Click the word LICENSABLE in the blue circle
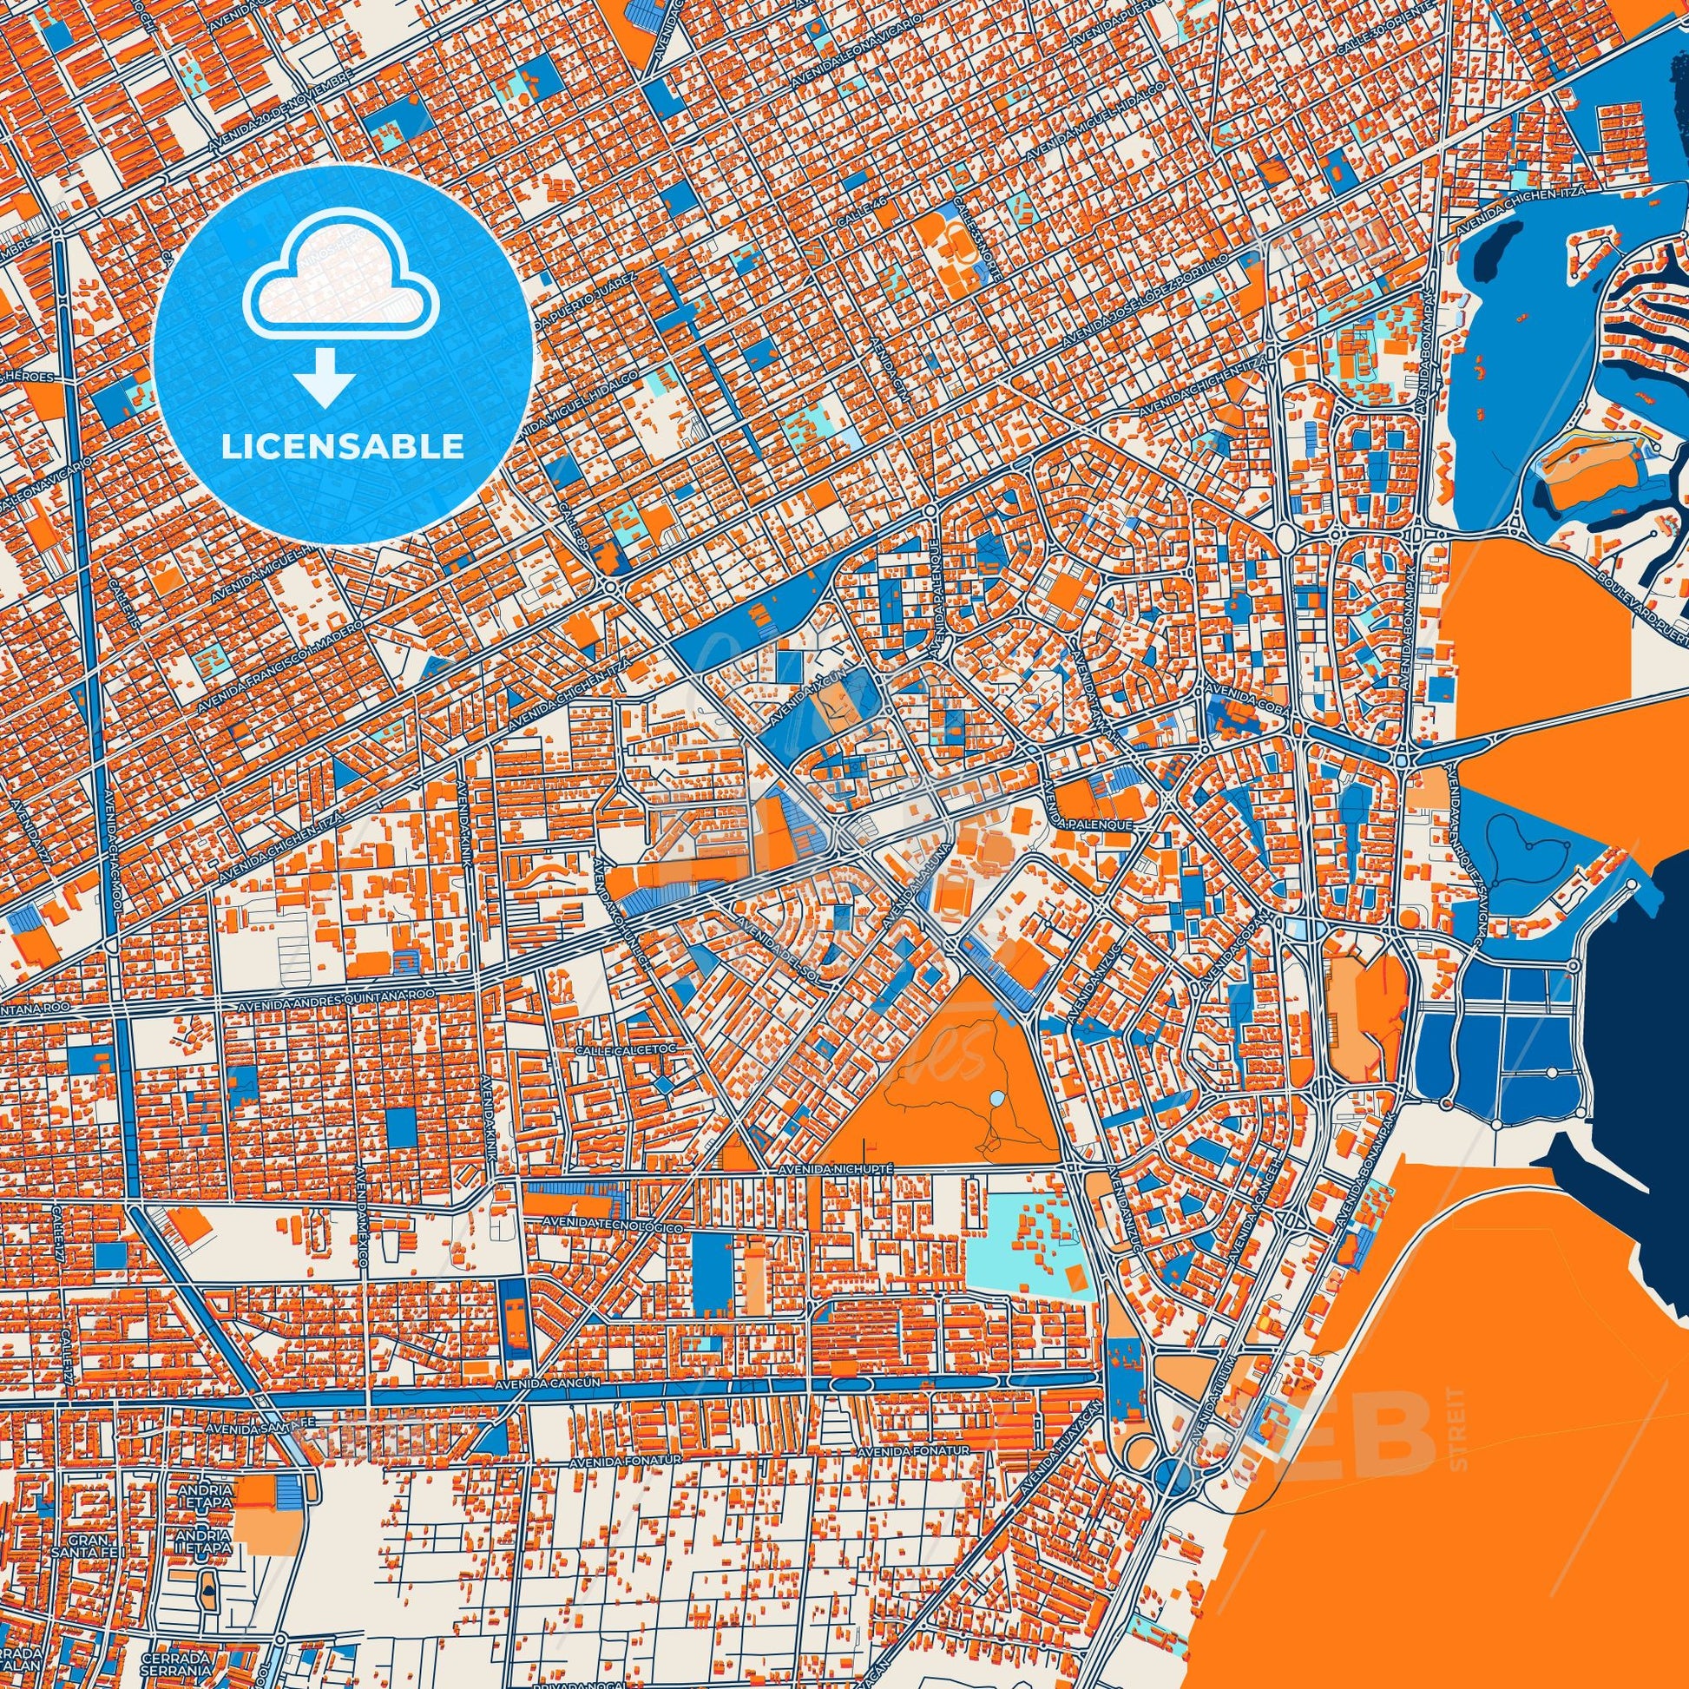[343, 447]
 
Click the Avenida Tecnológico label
[613, 1224]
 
